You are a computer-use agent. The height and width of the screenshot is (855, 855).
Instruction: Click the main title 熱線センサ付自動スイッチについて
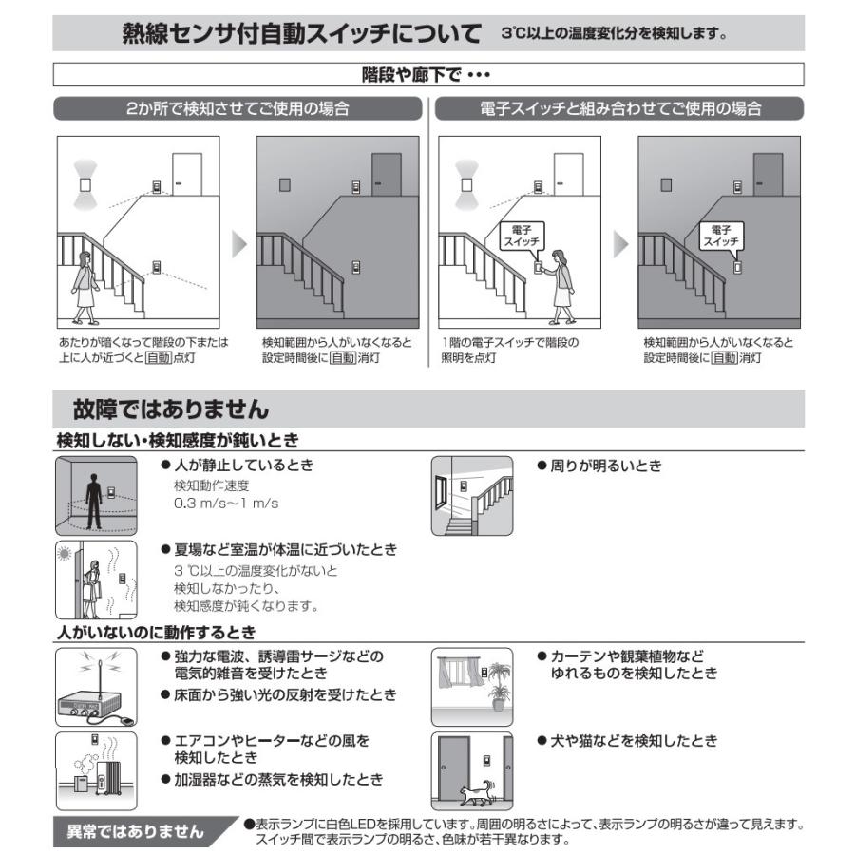302,34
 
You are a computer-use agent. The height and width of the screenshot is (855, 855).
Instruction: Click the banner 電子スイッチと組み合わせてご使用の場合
620,108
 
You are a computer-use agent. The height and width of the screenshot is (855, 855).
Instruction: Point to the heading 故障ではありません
171,409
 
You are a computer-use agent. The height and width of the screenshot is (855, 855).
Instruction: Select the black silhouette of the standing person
93,499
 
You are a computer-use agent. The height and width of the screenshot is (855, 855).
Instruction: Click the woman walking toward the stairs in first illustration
85,285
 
